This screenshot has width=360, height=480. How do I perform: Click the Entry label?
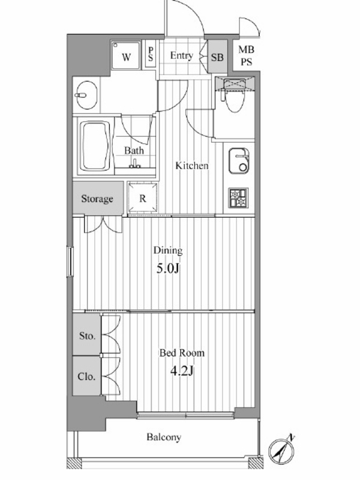(x=182, y=56)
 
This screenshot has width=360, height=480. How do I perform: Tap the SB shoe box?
(x=217, y=56)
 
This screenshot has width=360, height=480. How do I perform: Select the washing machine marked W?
(x=126, y=55)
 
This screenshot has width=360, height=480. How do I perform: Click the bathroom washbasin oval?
(x=86, y=95)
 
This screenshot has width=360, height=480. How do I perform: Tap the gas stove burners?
(x=238, y=198)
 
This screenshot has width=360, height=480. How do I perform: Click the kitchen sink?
(x=239, y=161)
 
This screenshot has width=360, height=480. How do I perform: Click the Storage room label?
(x=97, y=199)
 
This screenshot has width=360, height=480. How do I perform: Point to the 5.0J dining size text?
(x=168, y=269)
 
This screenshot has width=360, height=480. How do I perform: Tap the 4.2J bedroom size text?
(x=182, y=371)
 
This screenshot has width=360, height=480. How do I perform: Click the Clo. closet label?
(x=86, y=376)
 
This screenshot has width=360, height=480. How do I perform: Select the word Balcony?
(x=163, y=437)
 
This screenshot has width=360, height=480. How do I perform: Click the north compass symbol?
(x=282, y=451)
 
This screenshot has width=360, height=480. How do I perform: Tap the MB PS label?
(x=246, y=55)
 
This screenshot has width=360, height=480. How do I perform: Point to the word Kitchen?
(x=191, y=166)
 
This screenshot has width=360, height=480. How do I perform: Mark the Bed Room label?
(x=182, y=353)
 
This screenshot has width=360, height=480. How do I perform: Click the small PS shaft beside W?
(x=151, y=54)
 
